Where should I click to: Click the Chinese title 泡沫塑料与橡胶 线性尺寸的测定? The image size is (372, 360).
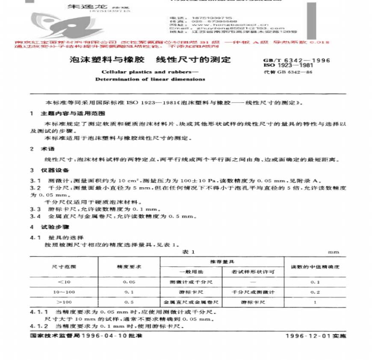150,60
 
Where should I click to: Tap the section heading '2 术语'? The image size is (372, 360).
41,149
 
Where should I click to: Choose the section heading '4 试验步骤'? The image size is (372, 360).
47,228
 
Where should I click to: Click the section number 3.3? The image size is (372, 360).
35,210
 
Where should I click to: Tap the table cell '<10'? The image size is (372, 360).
64,283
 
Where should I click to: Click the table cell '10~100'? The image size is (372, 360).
64,292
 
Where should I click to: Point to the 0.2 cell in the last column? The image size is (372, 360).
315,292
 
